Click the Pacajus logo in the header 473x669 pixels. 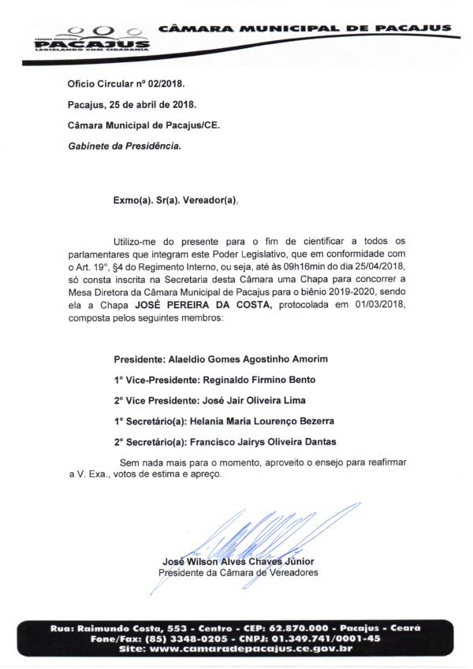tap(91, 39)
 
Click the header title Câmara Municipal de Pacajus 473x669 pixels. tap(304, 28)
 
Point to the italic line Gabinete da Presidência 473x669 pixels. tap(125, 147)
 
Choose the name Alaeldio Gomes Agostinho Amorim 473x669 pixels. tap(236, 359)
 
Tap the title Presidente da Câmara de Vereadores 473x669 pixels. tap(238, 573)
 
